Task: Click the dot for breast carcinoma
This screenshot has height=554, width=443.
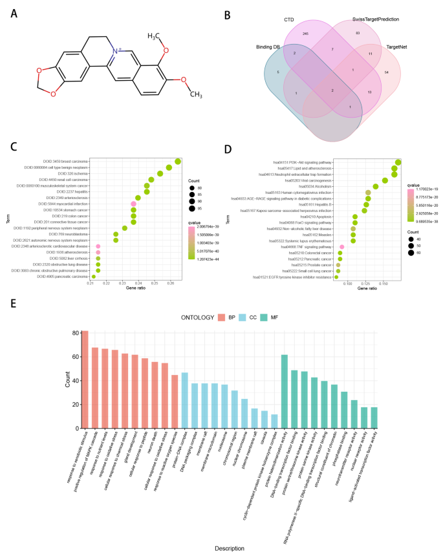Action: (178, 161)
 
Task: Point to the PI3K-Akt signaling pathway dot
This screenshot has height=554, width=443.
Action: (398, 162)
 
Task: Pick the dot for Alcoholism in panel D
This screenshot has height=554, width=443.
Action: (376, 186)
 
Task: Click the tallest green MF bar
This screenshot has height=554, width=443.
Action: (284, 391)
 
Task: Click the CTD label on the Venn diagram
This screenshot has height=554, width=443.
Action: (289, 20)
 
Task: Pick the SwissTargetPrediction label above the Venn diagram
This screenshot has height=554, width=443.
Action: (378, 20)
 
